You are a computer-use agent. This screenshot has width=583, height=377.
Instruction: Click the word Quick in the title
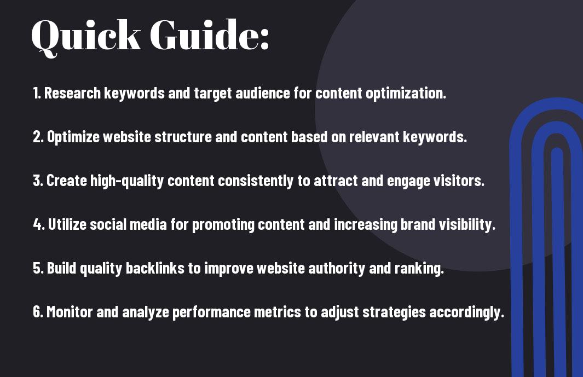pyautogui.click(x=86, y=36)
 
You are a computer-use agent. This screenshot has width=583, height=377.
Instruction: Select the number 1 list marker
pyautogui.click(x=37, y=93)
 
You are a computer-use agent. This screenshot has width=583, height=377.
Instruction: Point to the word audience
pyautogui.click(x=263, y=93)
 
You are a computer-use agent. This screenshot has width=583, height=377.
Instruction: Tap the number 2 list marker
pyautogui.click(x=38, y=137)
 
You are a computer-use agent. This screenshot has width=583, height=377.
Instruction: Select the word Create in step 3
pyautogui.click(x=67, y=181)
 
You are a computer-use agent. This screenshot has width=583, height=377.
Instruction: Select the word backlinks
pyautogui.click(x=155, y=268)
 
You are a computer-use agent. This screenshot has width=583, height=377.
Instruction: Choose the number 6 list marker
pyautogui.click(x=38, y=312)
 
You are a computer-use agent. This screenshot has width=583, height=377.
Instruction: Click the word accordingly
pyautogui.click(x=466, y=312)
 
